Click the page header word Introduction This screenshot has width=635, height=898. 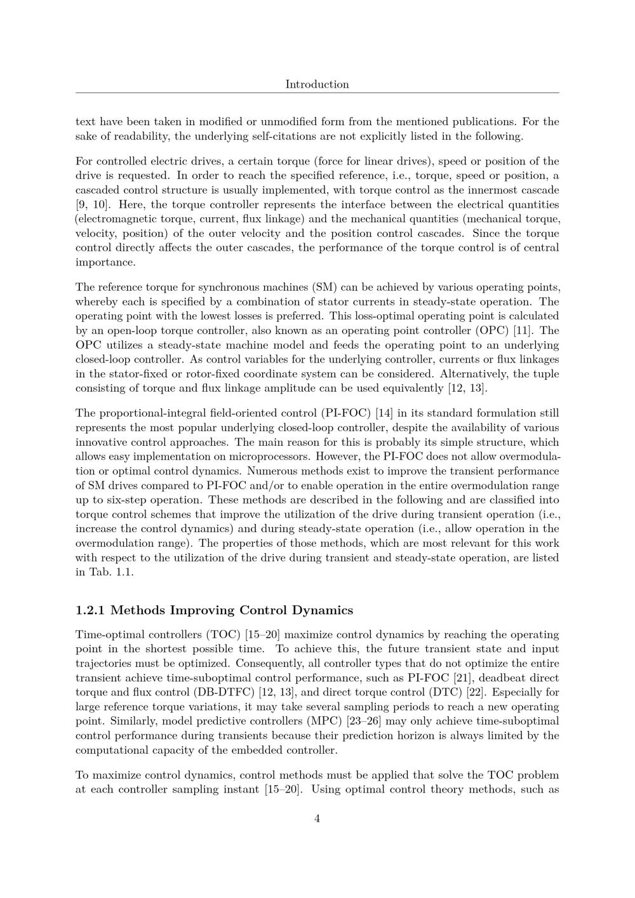click(x=317, y=84)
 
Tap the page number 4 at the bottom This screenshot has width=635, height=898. click(x=317, y=819)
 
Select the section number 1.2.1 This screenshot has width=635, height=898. click(x=90, y=610)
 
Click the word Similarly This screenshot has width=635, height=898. click(x=132, y=721)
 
